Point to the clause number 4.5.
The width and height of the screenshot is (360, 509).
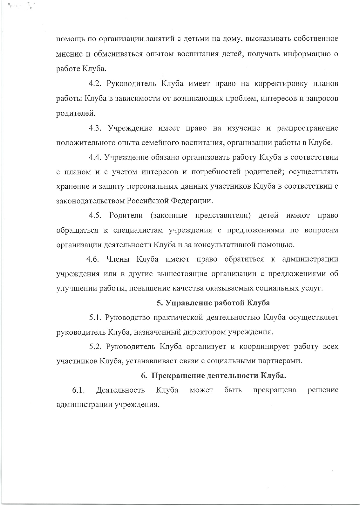coord(95,215)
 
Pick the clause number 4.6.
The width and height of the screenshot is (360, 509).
coord(93,259)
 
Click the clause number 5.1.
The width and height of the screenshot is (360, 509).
coord(95,317)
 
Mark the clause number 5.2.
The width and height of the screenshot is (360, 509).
coord(95,346)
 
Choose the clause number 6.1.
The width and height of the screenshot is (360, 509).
coord(78,390)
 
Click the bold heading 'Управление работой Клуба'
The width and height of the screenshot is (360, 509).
coord(217,303)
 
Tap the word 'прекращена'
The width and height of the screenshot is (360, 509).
coord(274,390)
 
